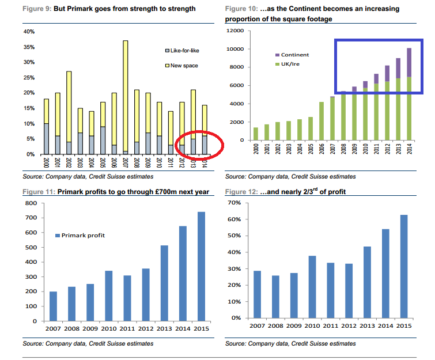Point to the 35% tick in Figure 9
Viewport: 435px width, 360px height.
[x=29, y=47]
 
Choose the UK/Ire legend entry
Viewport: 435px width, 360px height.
[x=291, y=63]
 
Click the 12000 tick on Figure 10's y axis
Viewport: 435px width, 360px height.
[x=237, y=31]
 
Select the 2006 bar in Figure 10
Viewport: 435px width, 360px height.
[x=321, y=121]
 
